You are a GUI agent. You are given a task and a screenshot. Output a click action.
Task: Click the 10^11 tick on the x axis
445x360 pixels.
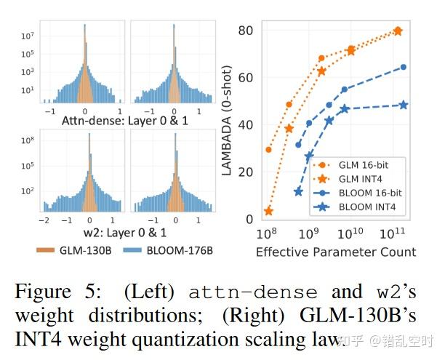396,233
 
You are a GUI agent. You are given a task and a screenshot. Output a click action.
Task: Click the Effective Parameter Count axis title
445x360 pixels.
336,252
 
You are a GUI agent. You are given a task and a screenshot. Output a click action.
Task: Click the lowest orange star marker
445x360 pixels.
268,211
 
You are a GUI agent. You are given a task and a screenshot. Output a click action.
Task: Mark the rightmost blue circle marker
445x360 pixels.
404,67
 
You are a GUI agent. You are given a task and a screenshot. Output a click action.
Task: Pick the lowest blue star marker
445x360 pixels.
298,192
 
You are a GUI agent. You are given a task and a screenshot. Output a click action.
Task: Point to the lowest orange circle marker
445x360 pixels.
268,150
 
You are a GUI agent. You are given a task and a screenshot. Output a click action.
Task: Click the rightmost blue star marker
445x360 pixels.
404,105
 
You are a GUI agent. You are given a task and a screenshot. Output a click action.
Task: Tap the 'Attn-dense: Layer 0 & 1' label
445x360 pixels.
125,119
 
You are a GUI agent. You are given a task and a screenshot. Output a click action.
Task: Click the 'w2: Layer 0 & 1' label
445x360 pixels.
125,233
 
